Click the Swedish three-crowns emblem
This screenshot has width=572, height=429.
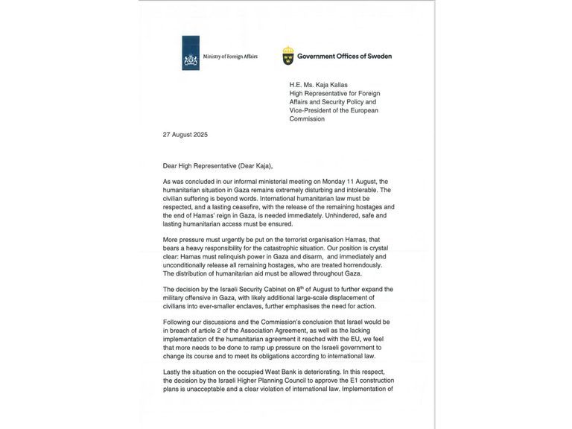tap(287, 56)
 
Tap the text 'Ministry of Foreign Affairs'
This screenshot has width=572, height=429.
tap(230, 57)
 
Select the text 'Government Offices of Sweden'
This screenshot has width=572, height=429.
tap(344, 56)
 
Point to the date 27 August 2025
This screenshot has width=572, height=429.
tap(185, 135)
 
